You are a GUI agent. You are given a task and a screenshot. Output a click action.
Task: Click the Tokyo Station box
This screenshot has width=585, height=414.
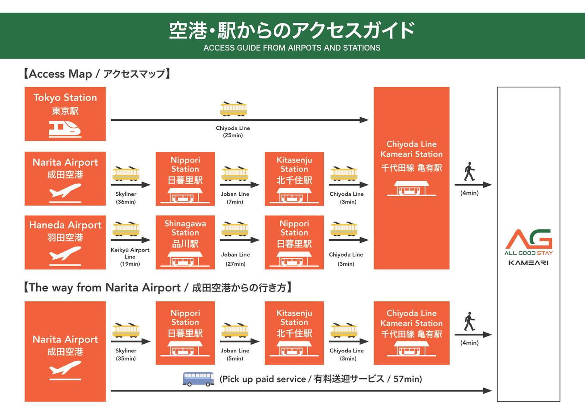(65, 114)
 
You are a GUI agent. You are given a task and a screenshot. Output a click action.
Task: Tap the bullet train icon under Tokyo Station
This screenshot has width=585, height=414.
(65, 129)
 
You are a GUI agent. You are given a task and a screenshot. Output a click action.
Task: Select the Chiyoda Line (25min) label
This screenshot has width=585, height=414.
(233, 132)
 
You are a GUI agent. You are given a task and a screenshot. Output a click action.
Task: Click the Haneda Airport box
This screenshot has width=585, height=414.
(65, 242)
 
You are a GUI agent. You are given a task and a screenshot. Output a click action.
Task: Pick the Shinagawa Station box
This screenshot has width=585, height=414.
(185, 242)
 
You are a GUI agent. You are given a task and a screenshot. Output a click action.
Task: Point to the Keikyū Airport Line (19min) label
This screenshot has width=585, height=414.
(130, 257)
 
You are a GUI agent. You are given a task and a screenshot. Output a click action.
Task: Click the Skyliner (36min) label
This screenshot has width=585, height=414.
(126, 198)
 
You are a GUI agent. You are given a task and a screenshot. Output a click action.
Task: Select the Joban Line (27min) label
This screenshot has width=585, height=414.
(235, 259)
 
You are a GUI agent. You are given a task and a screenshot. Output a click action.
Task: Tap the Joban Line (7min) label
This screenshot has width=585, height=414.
(235, 198)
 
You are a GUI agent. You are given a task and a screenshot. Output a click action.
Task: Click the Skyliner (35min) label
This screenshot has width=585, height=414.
(126, 354)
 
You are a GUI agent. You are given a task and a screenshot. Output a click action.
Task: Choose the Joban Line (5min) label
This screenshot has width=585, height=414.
(235, 354)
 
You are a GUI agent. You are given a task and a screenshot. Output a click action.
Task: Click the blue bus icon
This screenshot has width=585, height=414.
(198, 379)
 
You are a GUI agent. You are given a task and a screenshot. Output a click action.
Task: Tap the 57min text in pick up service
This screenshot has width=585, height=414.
(407, 379)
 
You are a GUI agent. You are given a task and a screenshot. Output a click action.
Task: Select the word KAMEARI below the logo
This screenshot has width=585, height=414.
(529, 263)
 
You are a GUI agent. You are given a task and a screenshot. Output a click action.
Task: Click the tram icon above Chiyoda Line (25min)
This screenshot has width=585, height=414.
(233, 109)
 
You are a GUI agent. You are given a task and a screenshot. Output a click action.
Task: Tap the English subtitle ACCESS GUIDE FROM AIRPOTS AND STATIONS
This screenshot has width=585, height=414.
(292, 48)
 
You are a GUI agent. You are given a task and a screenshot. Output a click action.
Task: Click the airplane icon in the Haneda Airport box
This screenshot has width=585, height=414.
(65, 255)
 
